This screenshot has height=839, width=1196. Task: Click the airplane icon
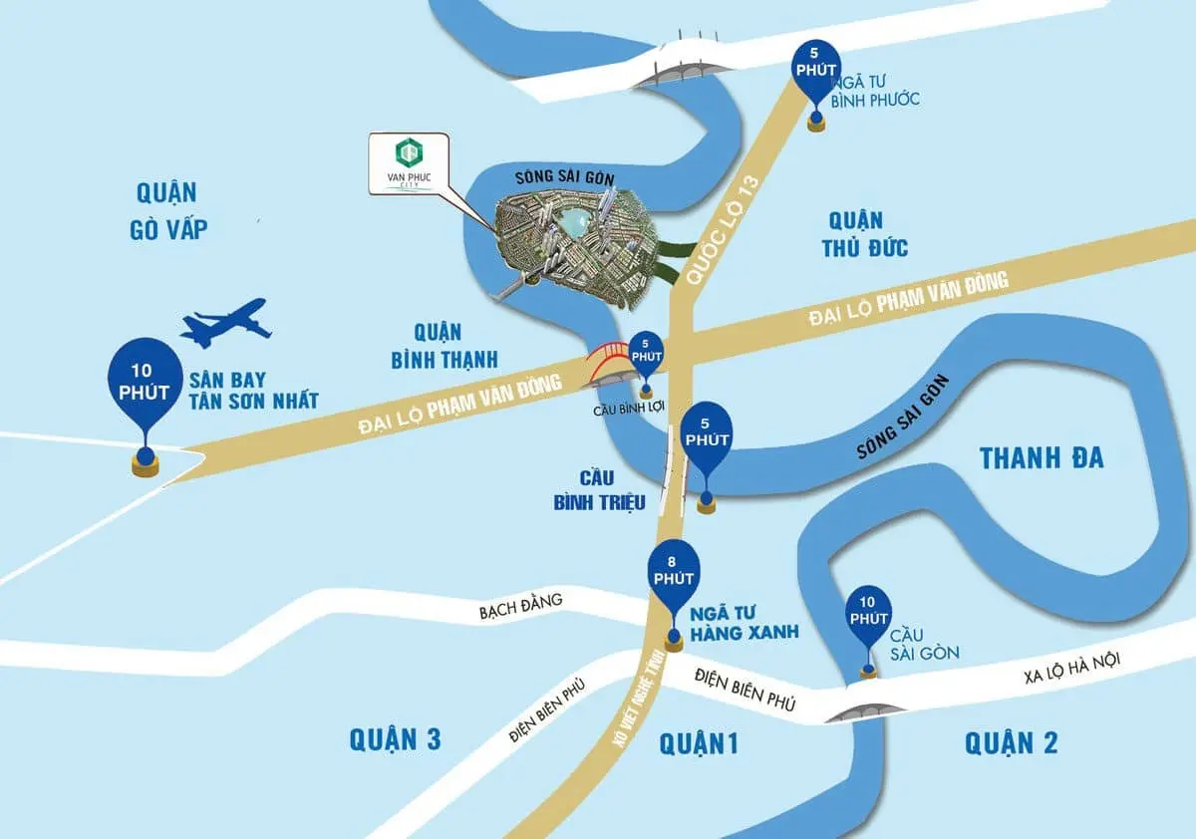point(226,323)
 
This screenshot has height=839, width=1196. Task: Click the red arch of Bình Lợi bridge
point(607,362)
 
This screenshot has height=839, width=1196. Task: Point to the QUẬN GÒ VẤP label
point(168,210)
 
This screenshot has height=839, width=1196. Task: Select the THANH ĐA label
point(1042,457)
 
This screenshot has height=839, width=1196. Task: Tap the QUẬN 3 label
point(395,739)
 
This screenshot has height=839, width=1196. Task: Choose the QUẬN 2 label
point(1011,742)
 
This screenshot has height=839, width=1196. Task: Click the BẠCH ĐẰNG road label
point(521,604)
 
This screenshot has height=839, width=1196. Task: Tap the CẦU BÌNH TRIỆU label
point(600,490)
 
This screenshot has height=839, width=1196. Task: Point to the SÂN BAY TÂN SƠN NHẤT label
point(253,389)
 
